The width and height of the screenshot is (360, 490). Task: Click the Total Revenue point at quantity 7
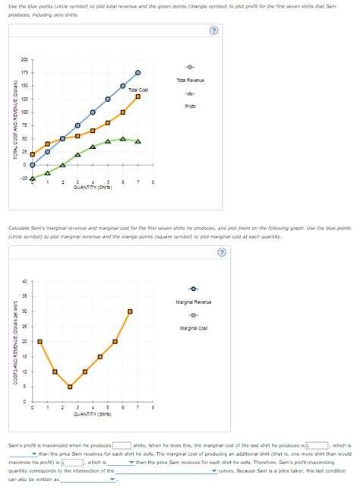pos(137,72)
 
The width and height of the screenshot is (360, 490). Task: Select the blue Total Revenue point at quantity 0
pos(32,165)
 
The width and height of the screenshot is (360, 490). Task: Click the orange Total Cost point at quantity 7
pos(137,96)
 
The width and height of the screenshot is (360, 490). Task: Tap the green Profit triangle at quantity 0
pos(32,179)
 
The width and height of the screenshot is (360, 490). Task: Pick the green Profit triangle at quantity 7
pos(137,141)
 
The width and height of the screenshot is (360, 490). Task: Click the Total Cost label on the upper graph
pos(137,90)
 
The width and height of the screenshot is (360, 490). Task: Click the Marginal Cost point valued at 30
pos(130,311)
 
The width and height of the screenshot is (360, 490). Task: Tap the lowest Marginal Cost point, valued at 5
pos(70,387)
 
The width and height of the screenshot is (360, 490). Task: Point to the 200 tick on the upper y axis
pos(23,59)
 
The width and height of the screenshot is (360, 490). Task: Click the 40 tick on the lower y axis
pos(23,281)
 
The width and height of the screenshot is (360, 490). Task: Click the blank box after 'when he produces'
pos(122,445)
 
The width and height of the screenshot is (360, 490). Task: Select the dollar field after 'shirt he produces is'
pos(316,445)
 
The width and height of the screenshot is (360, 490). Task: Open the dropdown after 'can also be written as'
pos(89,479)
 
